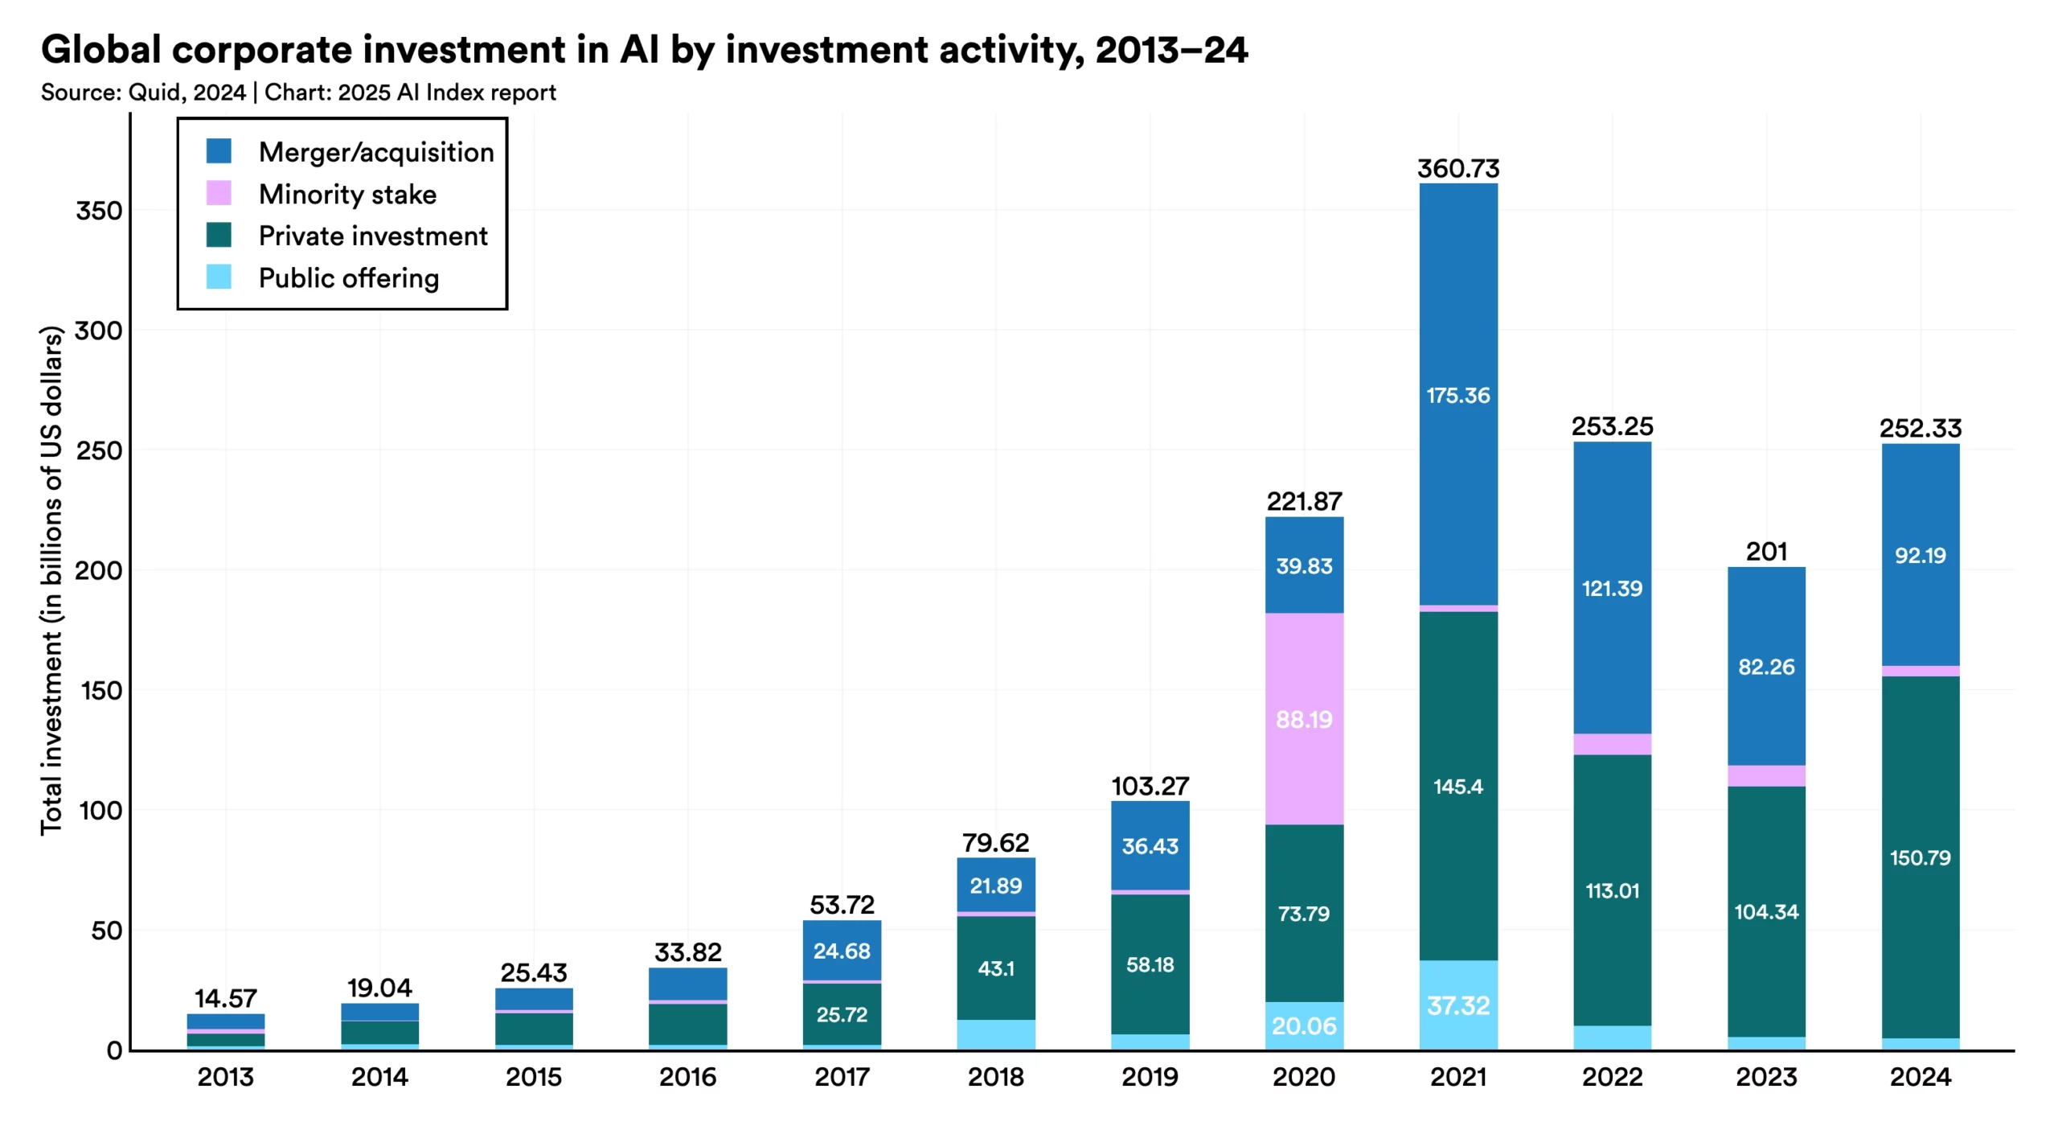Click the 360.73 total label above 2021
1457,169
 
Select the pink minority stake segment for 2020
1304,718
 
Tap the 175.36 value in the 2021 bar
1457,395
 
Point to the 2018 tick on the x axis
995,1077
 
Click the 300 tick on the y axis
98,331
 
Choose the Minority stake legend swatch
219,193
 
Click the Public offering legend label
348,278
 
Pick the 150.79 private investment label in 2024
1920,857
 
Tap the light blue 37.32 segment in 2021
1457,1005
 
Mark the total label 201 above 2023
1765,552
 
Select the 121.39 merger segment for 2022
1612,588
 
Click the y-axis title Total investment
51,579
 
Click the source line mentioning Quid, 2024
298,92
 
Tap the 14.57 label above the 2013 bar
225,999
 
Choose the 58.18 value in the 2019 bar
1150,964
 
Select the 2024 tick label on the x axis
1920,1077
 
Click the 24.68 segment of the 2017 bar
842,951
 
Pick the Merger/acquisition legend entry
375,152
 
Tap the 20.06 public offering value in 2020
1304,1026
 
